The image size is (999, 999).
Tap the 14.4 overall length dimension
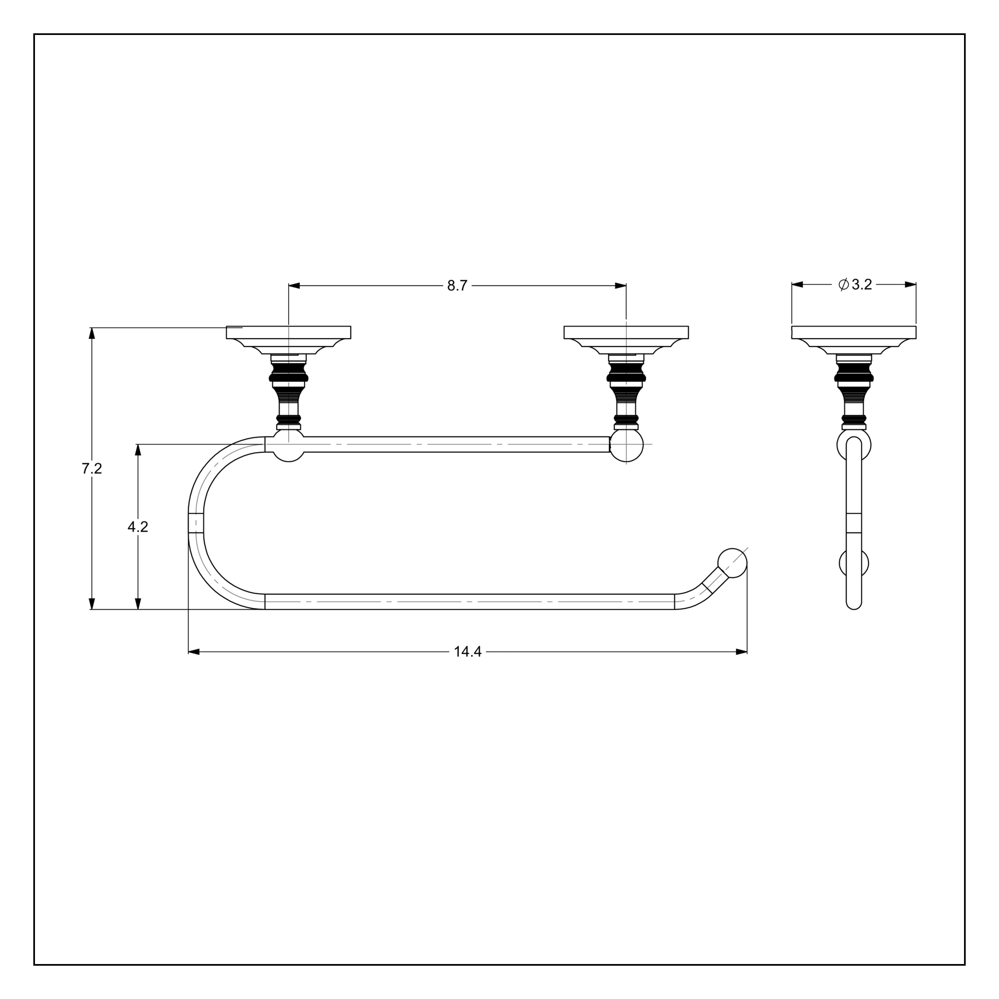(x=468, y=652)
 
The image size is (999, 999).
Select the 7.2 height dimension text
(x=92, y=469)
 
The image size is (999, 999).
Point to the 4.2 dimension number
(x=138, y=527)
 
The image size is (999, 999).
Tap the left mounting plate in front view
(x=288, y=332)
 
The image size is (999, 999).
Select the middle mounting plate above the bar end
(x=626, y=332)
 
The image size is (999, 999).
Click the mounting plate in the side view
(x=854, y=332)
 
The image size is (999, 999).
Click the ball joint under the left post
(x=288, y=446)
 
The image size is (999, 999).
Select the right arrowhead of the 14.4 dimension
(x=742, y=652)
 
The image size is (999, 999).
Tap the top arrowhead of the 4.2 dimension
(x=138, y=449)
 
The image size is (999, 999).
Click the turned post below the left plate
(x=288, y=393)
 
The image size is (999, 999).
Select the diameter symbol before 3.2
(x=843, y=284)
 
